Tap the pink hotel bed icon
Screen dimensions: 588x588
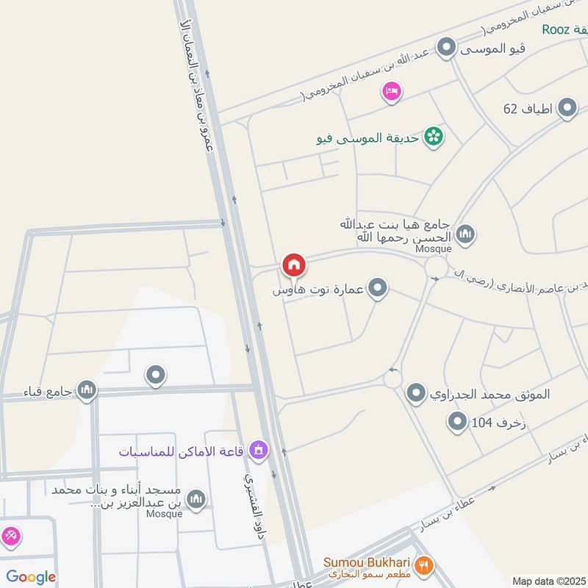click(x=390, y=91)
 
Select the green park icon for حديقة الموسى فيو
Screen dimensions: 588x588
click(x=434, y=136)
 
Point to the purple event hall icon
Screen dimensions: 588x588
click(x=258, y=448)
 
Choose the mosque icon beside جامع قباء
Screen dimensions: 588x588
click(x=87, y=389)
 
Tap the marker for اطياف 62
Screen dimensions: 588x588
click(x=567, y=109)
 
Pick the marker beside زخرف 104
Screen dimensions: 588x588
click(x=458, y=421)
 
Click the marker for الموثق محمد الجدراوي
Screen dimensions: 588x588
click(x=417, y=393)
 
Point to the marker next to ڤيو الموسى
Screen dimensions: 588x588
click(x=446, y=49)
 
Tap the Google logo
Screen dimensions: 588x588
click(x=31, y=577)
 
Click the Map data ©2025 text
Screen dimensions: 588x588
click(x=548, y=581)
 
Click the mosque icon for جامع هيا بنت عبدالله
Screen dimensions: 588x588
click(x=465, y=235)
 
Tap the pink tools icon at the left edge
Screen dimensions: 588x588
click(x=10, y=537)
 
